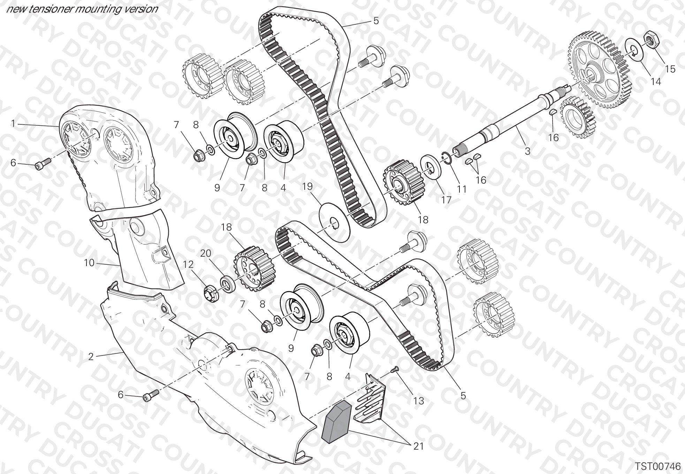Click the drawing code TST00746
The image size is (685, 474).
[657, 466]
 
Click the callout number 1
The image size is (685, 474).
[13, 123]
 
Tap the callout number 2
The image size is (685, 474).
[91, 357]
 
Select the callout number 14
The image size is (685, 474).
[656, 81]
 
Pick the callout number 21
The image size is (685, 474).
[418, 446]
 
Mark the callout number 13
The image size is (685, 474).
[419, 401]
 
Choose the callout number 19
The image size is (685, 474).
[307, 186]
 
